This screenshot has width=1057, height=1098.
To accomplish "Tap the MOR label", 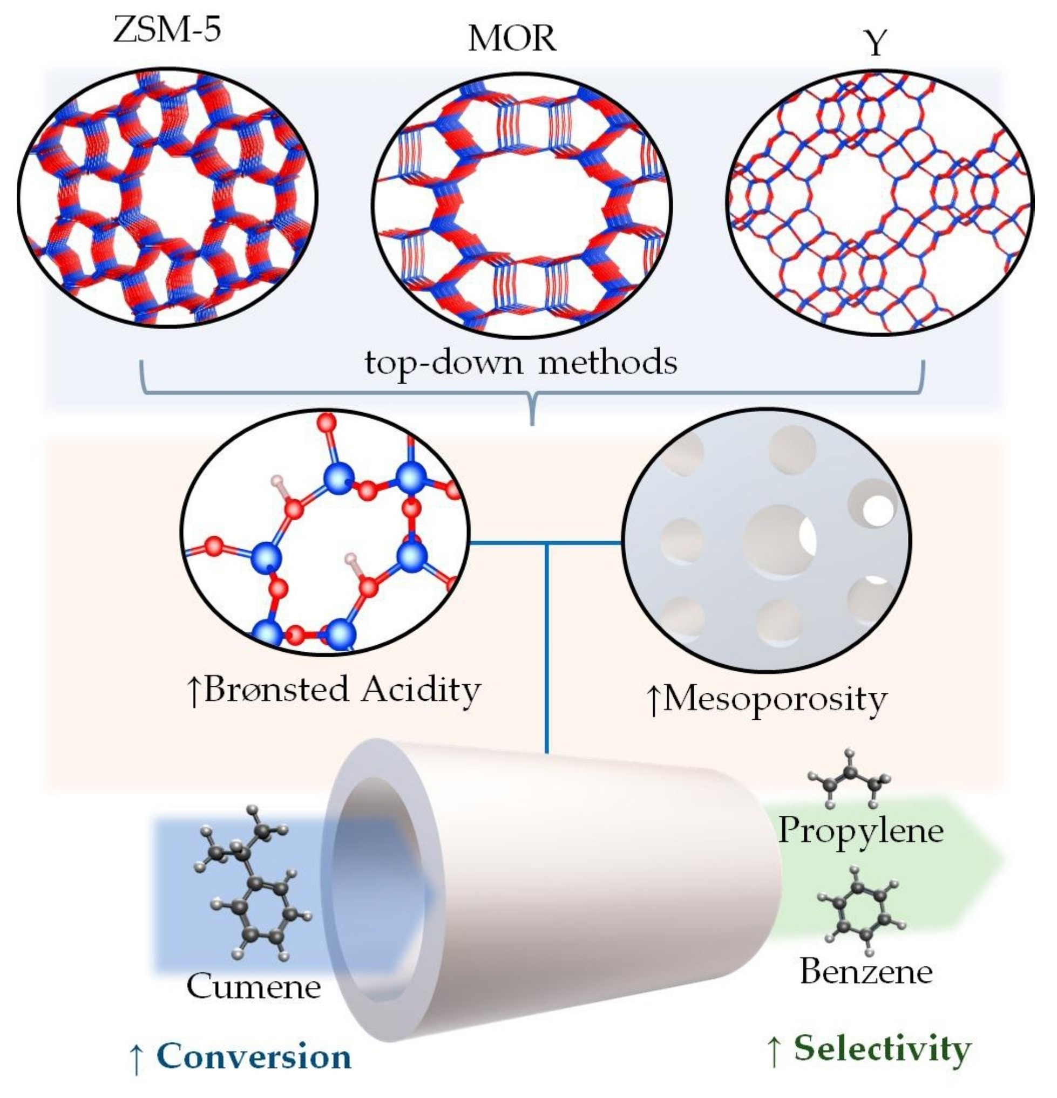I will pos(512,39).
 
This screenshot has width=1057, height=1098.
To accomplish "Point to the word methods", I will pos(607,362).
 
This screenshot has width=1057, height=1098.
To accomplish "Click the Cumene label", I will pos(253,986).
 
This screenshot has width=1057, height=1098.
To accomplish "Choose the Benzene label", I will pos(866,971).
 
